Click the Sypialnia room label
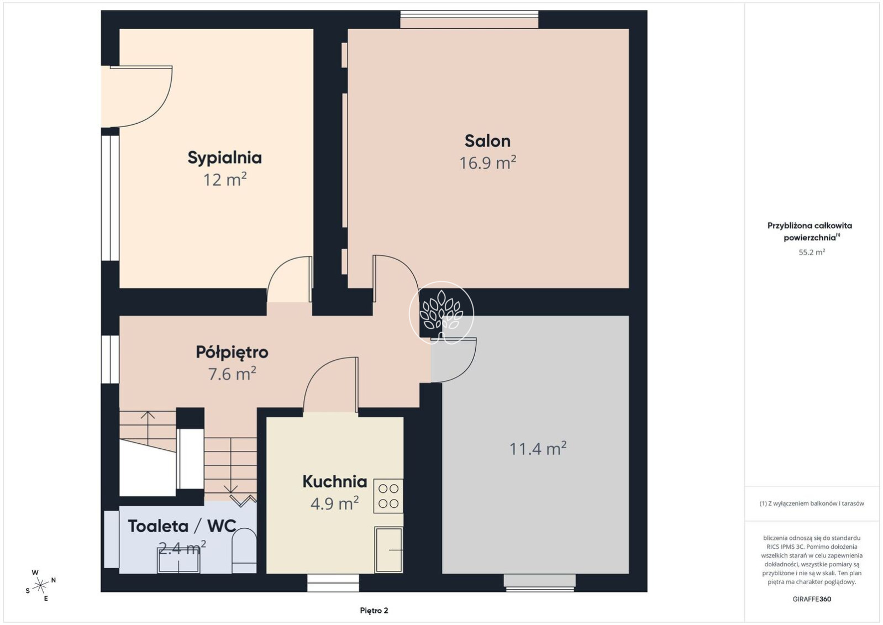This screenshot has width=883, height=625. pyautogui.click(x=224, y=157)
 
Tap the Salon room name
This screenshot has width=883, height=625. pyautogui.click(x=487, y=141)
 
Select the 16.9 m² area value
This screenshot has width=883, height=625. pyautogui.click(x=487, y=162)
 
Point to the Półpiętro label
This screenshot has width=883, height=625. pyautogui.click(x=232, y=352)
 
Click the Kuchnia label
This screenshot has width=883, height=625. pyautogui.click(x=335, y=481)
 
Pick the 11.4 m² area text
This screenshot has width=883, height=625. pyautogui.click(x=538, y=448)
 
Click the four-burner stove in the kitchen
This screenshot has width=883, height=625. pyautogui.click(x=388, y=496)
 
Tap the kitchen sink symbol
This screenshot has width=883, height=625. pyautogui.click(x=388, y=550)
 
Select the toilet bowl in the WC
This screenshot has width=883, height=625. pyautogui.click(x=244, y=550)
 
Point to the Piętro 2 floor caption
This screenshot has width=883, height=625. pyautogui.click(x=374, y=611)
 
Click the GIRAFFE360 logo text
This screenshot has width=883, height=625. pyautogui.click(x=812, y=599)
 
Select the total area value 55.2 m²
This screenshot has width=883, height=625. pyautogui.click(x=812, y=252)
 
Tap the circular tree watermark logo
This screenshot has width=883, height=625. pyautogui.click(x=441, y=313)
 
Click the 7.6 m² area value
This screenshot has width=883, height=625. pyautogui.click(x=232, y=374)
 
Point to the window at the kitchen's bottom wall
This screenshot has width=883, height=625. pyautogui.click(x=333, y=583)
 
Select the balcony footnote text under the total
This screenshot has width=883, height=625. pyautogui.click(x=812, y=503)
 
